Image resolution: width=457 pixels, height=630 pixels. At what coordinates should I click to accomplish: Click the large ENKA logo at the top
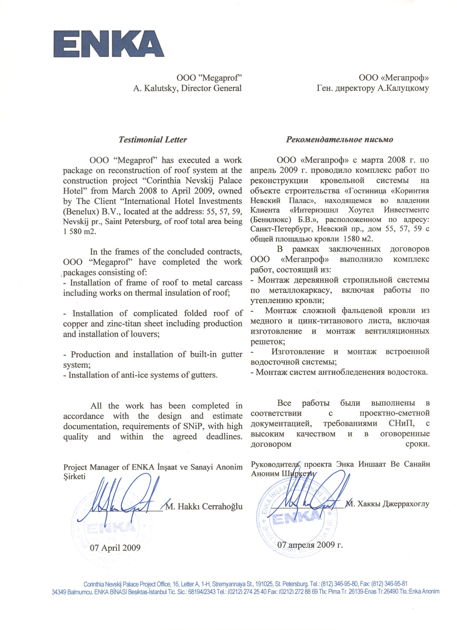[x=109, y=44]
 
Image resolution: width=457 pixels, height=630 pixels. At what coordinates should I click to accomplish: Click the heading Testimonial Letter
[x=153, y=140]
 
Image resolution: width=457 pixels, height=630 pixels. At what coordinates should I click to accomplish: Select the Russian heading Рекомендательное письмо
[x=339, y=140]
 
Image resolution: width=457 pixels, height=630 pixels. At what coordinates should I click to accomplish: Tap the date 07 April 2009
[x=115, y=548]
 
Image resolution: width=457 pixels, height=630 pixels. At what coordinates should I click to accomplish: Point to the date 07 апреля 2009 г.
[x=310, y=545]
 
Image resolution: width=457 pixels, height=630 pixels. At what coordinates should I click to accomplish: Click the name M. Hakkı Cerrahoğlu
[x=204, y=507]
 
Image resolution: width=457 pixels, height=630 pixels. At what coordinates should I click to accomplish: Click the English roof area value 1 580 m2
[x=80, y=232]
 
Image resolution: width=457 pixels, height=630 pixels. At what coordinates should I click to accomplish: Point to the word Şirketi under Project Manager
[x=74, y=477]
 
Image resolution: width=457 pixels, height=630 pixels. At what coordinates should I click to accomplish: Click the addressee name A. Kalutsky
[x=155, y=88]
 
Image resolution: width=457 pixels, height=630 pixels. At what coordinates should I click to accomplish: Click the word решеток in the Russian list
[x=267, y=342]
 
